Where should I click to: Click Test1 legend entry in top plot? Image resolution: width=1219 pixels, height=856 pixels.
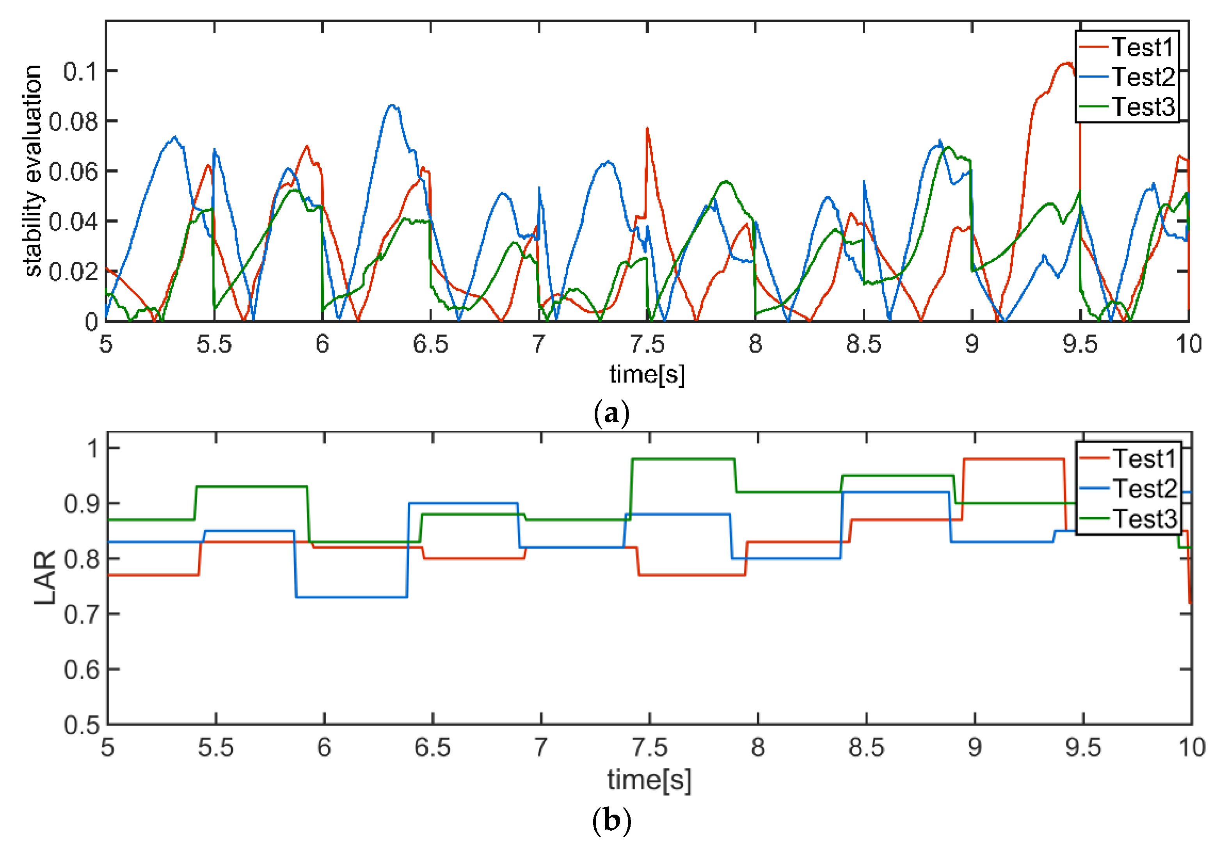click(x=1141, y=47)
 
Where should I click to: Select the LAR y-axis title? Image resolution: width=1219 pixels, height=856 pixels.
click(x=46, y=577)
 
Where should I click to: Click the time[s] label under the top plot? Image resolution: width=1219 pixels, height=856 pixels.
click(x=647, y=374)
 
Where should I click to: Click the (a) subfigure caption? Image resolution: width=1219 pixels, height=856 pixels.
click(x=611, y=413)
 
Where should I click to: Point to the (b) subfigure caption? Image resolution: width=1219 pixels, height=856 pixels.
click(x=611, y=820)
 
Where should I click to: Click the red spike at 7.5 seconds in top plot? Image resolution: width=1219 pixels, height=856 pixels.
click(x=647, y=129)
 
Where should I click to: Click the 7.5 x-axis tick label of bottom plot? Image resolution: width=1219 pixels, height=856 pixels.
click(x=649, y=747)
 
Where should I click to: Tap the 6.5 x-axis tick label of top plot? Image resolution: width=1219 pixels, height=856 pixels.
click(x=430, y=344)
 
